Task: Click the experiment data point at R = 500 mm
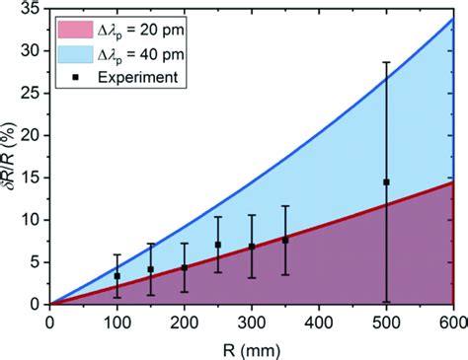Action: point(386,182)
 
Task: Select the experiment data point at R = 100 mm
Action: point(117,276)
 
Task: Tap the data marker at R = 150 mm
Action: point(151,269)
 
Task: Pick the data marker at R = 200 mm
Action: point(185,267)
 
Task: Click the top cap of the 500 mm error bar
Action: point(386,62)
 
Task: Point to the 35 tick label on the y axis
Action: point(30,9)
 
